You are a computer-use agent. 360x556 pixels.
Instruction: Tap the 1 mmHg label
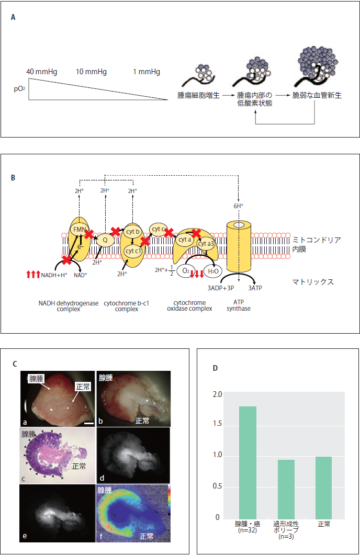pyautogui.click(x=147, y=72)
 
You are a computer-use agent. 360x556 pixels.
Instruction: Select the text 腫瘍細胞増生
pyautogui.click(x=198, y=96)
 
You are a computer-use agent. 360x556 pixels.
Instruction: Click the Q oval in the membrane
pyautogui.click(x=105, y=240)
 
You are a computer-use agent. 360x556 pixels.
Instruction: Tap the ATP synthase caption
pyautogui.click(x=238, y=305)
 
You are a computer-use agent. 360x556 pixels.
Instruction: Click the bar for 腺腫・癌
pyautogui.click(x=248, y=462)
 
